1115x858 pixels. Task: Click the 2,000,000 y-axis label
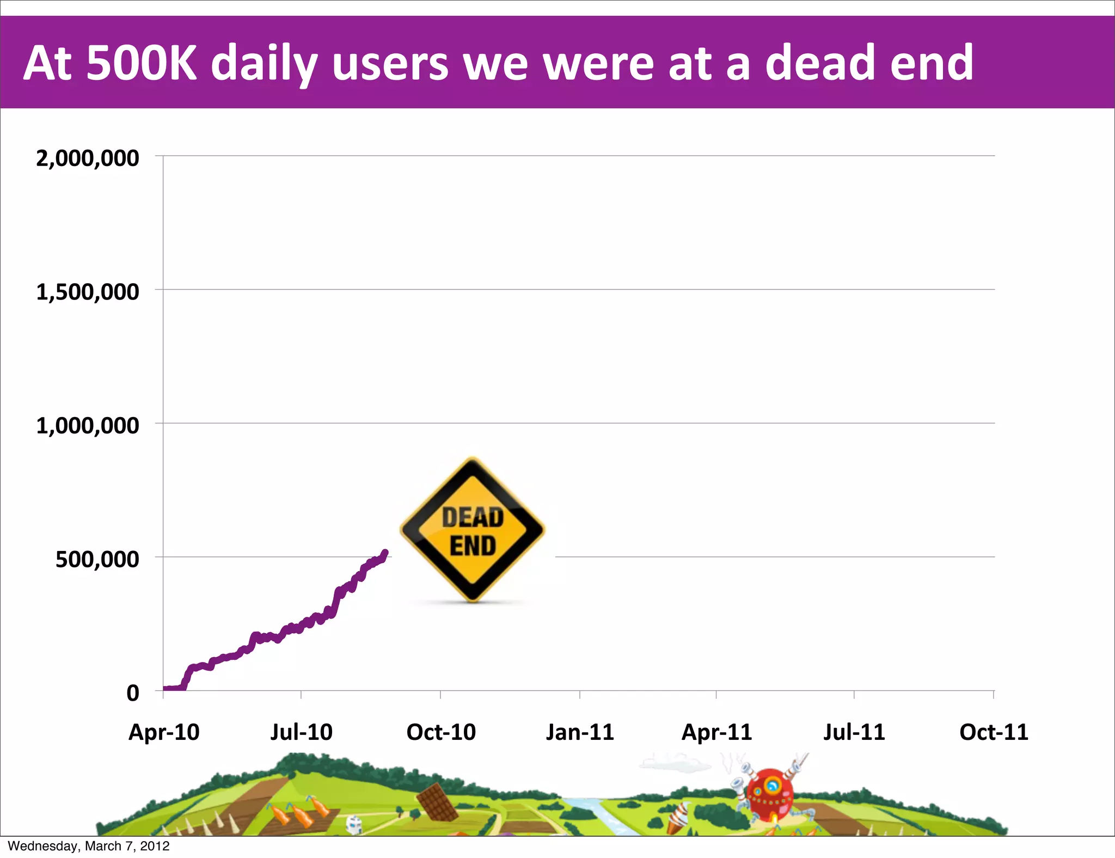(x=87, y=158)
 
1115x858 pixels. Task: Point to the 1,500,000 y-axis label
(x=87, y=292)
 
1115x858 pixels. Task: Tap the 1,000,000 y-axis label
(x=87, y=426)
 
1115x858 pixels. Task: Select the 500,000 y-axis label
(x=97, y=560)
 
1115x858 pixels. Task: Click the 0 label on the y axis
(x=133, y=694)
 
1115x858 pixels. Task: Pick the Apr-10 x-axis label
(x=164, y=732)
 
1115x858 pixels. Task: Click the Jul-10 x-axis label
(x=301, y=732)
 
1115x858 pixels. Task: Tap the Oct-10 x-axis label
(x=441, y=732)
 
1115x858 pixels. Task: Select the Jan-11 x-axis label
(x=580, y=732)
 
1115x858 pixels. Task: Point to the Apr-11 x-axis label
(x=716, y=732)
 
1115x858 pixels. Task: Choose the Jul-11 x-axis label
(x=854, y=732)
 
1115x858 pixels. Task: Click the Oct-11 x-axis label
(x=994, y=732)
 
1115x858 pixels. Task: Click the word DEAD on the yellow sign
(x=473, y=517)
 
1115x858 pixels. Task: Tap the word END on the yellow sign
(x=473, y=546)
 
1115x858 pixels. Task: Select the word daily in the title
(x=264, y=64)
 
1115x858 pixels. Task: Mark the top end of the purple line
(x=385, y=553)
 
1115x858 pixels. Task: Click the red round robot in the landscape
(x=769, y=794)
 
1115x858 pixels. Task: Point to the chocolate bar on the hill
(x=437, y=802)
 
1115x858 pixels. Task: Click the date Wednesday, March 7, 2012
(x=89, y=846)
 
